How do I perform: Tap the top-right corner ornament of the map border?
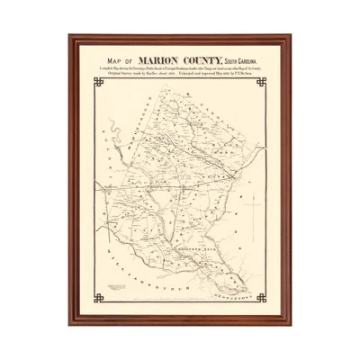262,83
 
